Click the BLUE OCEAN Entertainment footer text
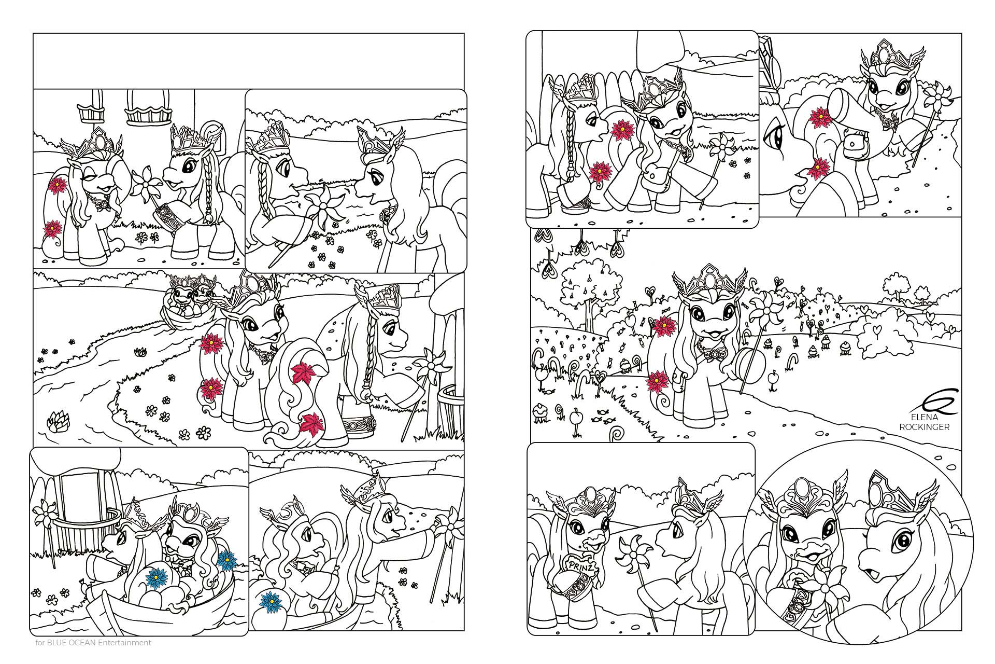[93, 643]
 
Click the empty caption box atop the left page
[248, 61]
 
